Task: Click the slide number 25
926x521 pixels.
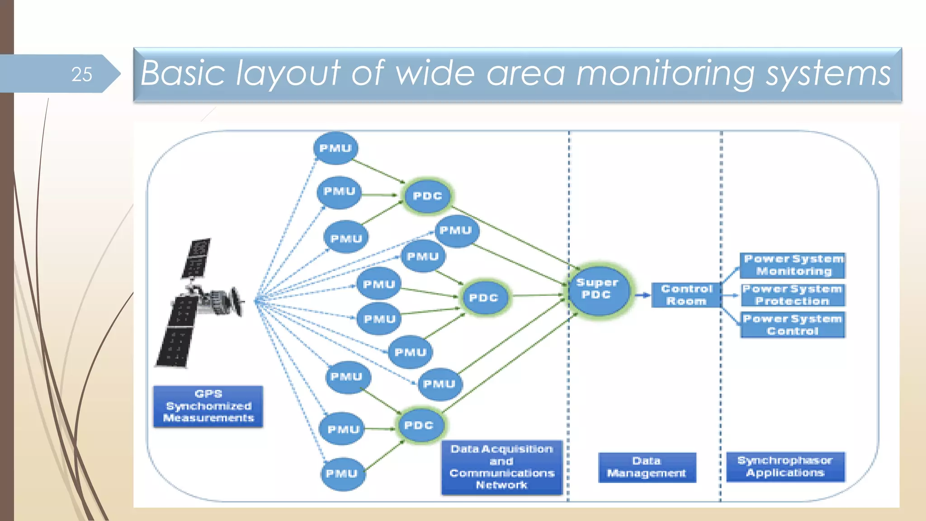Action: (x=82, y=74)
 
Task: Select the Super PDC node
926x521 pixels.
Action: (x=598, y=289)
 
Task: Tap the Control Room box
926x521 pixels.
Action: (x=686, y=295)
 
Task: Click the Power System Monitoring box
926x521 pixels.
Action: (x=793, y=265)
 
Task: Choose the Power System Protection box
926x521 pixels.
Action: (x=793, y=295)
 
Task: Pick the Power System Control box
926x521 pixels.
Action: (x=793, y=325)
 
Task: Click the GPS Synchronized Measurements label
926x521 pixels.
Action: (x=208, y=406)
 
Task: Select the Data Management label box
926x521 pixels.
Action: (x=647, y=467)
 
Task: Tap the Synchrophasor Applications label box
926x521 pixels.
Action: (x=785, y=467)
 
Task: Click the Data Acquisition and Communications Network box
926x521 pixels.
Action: (x=502, y=467)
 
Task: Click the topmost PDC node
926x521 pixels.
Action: (x=427, y=196)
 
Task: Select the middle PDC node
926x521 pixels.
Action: (x=484, y=298)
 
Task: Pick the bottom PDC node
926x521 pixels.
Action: (x=419, y=426)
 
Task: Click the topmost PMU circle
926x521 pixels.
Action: (x=335, y=148)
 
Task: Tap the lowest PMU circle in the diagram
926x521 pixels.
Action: (x=342, y=474)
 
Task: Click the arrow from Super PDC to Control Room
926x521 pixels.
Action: (x=642, y=295)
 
